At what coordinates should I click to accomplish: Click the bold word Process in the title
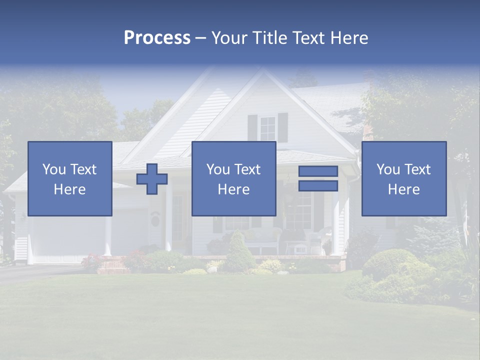tap(157, 38)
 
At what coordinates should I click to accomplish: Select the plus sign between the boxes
tap(152, 178)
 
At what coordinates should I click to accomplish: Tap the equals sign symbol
tap(318, 178)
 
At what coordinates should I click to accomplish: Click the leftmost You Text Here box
tap(70, 178)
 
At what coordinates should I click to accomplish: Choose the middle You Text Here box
tap(234, 178)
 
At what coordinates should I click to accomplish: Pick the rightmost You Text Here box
tap(404, 178)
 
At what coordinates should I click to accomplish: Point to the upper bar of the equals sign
tap(318, 171)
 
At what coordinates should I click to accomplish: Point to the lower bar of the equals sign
tap(318, 185)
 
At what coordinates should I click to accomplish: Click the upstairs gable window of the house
tap(267, 128)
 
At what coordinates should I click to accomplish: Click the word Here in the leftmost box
tap(70, 189)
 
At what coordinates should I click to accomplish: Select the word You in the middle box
tap(218, 169)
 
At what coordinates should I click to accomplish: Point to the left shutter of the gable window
tap(252, 128)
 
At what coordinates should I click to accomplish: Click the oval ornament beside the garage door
tap(155, 219)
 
